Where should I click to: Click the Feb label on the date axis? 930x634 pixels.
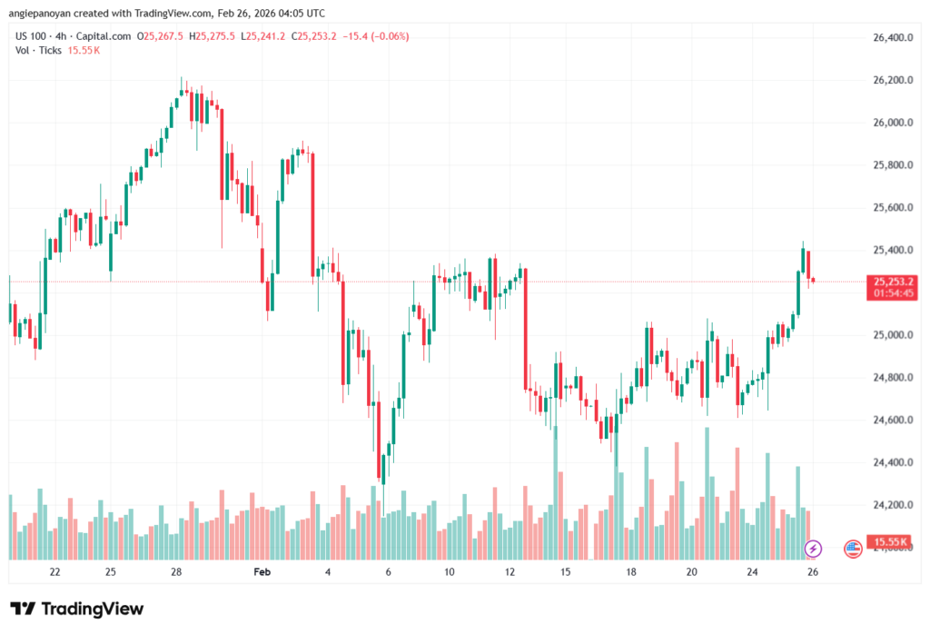262,572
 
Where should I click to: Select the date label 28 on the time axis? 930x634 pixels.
176,572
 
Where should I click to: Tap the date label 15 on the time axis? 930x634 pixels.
565,572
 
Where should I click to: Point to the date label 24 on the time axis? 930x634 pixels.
752,572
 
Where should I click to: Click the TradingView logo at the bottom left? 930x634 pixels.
77,609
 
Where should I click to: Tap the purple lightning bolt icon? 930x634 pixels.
813,549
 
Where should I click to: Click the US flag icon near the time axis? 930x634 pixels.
853,549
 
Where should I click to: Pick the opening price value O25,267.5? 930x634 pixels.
161,36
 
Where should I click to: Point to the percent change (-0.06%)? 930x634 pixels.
389,36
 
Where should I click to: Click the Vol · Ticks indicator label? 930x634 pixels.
39,50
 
